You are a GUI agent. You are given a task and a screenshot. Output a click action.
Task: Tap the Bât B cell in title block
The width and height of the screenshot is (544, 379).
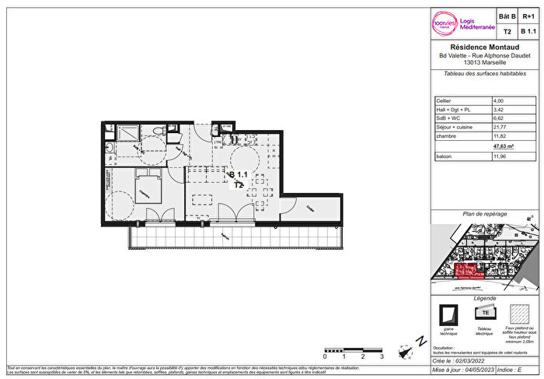coord(507,15)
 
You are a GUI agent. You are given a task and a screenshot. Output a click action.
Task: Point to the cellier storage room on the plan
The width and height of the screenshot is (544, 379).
coord(311,209)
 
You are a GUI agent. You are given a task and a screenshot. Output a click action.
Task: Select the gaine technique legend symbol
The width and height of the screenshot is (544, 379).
coord(448,314)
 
